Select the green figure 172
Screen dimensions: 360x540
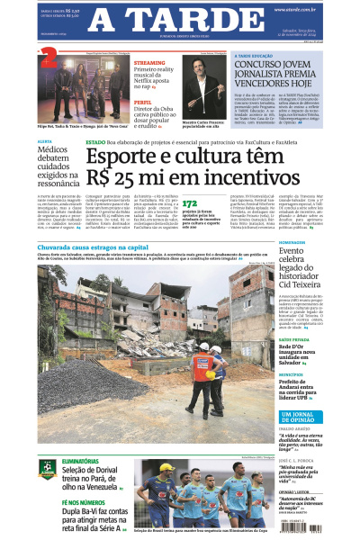tap(190, 204)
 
